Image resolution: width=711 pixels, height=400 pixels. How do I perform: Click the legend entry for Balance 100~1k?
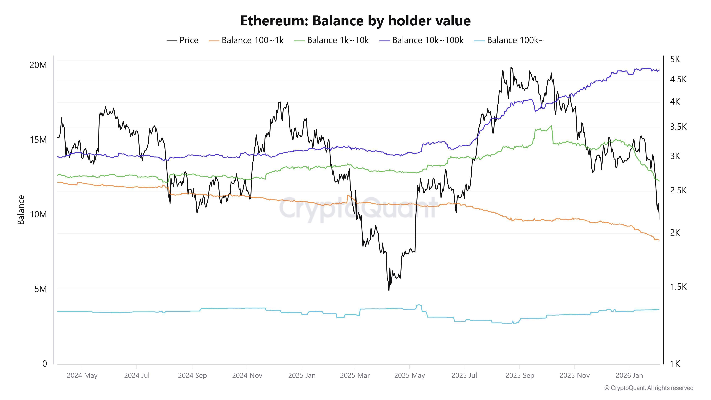click(x=246, y=40)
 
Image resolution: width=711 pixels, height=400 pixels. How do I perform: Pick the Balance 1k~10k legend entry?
click(x=332, y=40)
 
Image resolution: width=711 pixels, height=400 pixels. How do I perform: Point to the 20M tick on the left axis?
click(x=38, y=65)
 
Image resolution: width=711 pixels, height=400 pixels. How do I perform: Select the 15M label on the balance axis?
click(x=38, y=140)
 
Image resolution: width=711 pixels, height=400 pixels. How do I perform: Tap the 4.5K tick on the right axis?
click(x=678, y=79)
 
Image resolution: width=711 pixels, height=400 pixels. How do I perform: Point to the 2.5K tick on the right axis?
click(x=678, y=190)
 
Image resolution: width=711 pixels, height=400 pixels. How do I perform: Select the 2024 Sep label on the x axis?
click(x=192, y=375)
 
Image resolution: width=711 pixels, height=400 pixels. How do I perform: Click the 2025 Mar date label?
click(x=355, y=375)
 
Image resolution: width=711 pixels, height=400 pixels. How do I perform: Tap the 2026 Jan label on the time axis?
click(x=629, y=375)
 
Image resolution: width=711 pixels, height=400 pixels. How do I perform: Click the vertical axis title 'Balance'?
click(x=21, y=210)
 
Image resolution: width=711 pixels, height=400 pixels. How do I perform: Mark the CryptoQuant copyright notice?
click(x=649, y=388)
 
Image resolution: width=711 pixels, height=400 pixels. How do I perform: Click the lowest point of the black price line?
click(x=389, y=291)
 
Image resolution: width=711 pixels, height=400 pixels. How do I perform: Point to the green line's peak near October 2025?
click(x=551, y=126)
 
